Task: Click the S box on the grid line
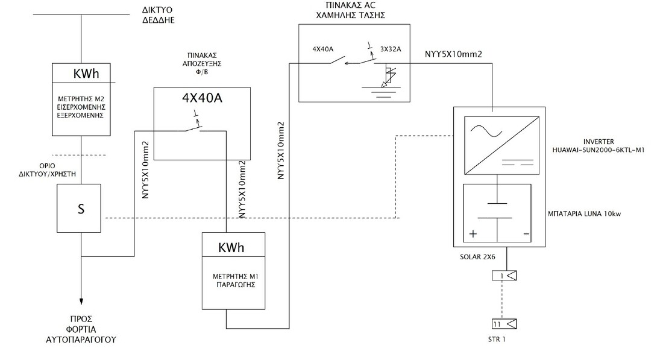tap(80, 209)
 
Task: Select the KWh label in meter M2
tap(86, 73)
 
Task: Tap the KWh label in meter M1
tap(231, 247)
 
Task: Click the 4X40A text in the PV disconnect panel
tap(202, 98)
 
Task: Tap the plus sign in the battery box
tap(474, 233)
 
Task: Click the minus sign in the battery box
tap(526, 233)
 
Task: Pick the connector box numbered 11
tap(507, 324)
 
